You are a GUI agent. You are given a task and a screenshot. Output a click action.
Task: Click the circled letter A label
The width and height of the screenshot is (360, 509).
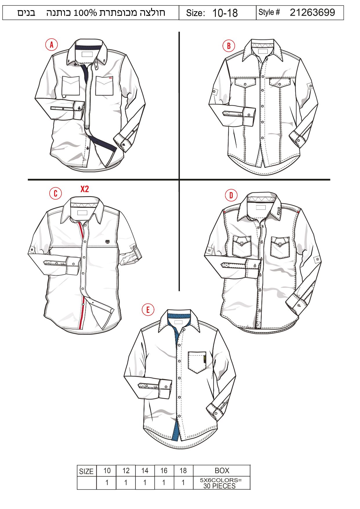[51, 45]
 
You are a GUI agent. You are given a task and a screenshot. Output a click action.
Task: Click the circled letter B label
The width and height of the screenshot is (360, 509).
[229, 46]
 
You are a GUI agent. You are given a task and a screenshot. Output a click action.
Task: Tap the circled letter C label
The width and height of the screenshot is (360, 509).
[55, 193]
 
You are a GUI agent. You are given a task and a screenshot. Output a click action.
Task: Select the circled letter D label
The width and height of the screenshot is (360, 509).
[231, 195]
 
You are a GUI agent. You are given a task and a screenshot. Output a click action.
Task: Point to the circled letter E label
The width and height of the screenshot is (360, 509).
[148, 310]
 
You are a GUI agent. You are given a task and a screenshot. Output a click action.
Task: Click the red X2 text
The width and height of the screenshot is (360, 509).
[84, 189]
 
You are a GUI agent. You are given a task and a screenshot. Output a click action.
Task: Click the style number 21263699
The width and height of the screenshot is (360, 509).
[312, 12]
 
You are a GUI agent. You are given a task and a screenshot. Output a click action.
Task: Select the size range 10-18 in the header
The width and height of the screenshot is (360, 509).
[225, 13]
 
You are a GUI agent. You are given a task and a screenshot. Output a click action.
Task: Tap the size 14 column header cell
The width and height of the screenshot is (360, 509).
[145, 470]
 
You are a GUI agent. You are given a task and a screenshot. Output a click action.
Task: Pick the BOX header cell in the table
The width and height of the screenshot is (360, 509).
[222, 470]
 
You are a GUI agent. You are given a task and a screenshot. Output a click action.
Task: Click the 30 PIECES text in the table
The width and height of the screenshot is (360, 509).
[219, 486]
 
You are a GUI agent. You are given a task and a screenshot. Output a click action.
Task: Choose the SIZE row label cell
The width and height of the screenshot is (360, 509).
[86, 471]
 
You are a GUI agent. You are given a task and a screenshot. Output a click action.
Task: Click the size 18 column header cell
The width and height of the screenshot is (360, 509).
[183, 470]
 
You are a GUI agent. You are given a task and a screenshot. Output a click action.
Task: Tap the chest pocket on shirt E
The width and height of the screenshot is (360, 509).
[197, 362]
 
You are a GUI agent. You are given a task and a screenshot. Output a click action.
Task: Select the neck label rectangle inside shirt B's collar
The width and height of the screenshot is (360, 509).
[263, 51]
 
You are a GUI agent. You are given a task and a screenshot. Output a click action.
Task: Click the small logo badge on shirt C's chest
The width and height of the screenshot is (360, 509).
[108, 241]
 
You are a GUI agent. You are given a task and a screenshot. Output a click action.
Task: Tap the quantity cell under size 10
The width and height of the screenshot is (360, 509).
[107, 483]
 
